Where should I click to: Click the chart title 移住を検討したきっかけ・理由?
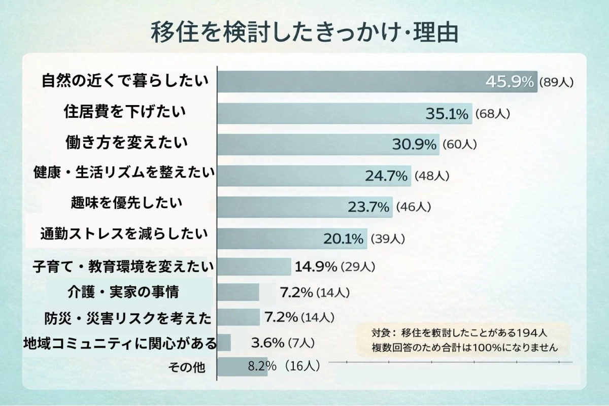[304, 32]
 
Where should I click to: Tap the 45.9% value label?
[510, 81]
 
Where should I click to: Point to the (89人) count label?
[556, 82]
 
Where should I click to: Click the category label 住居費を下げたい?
[125, 112]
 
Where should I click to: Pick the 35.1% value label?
[447, 114]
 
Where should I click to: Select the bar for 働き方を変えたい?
[304, 145]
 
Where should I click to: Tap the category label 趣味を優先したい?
[126, 204]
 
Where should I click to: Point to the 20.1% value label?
[344, 238]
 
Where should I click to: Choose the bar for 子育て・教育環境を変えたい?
[254, 266]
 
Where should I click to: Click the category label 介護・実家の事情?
[123, 292]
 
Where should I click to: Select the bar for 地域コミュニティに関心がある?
[224, 343]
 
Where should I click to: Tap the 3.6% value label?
[267, 343]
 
